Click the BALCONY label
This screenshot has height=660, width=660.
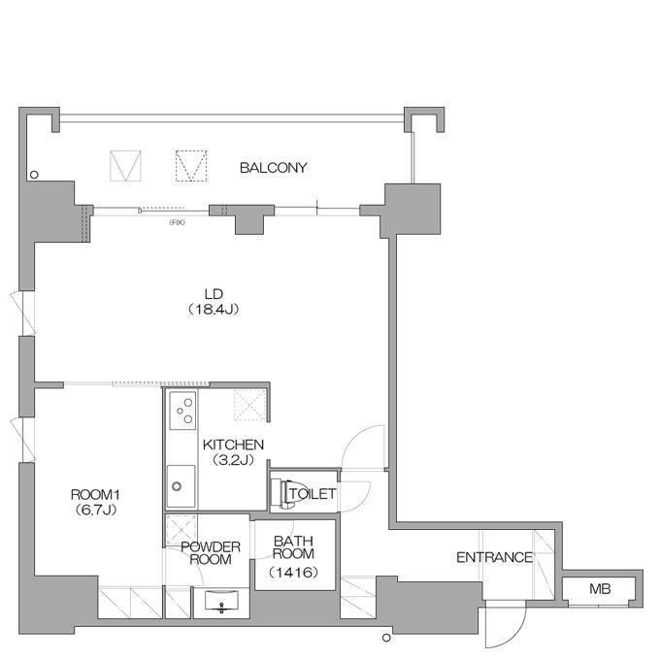[273, 168]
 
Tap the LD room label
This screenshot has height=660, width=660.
[214, 294]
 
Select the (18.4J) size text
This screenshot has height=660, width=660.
[214, 310]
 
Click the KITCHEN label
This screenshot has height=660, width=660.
[233, 445]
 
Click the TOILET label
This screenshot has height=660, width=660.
[313, 494]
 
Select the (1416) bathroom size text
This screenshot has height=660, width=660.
[293, 573]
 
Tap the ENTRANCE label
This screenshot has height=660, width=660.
[495, 557]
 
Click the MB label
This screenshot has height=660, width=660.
[600, 589]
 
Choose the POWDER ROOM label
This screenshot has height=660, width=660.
[211, 553]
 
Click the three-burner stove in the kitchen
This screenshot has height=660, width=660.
[182, 411]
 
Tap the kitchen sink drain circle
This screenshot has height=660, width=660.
[177, 486]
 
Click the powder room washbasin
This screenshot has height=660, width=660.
[221, 600]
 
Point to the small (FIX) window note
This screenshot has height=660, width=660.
[177, 222]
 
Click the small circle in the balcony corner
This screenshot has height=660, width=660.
[34, 175]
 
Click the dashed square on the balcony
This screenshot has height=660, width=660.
[191, 166]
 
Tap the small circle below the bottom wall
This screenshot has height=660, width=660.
[386, 638]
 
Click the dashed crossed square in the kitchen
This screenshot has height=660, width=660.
[250, 405]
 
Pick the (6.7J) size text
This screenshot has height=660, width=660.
[95, 511]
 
